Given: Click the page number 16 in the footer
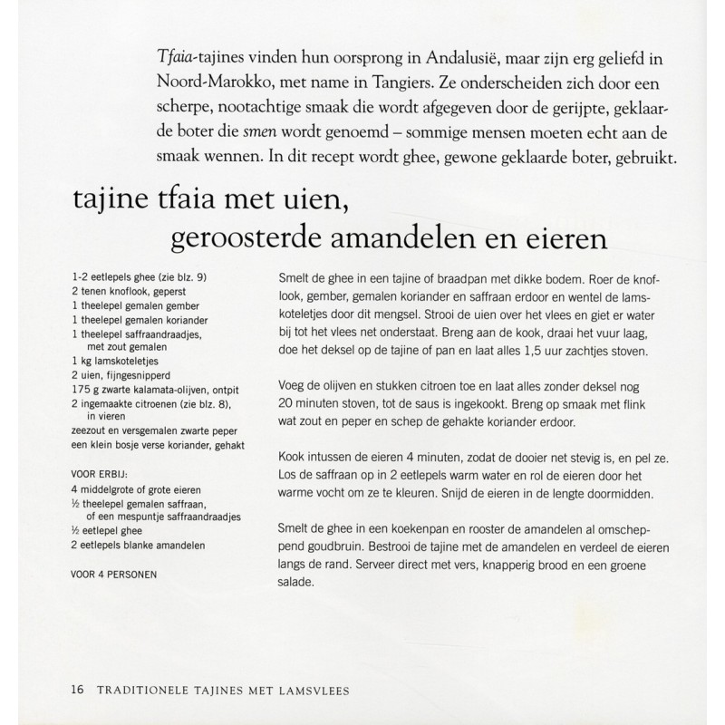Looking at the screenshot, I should pos(76,690).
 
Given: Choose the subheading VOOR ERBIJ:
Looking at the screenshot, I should pos(101,472).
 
